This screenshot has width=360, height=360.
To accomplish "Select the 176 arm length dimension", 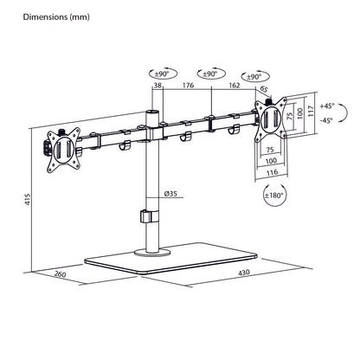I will click(186, 87).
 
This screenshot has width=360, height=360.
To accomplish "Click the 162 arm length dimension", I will click(235, 87).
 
